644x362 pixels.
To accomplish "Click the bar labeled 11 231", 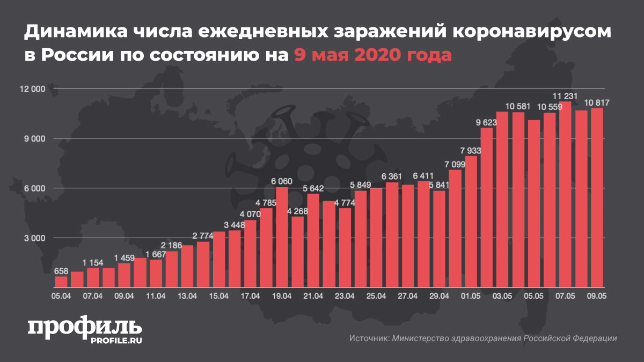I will pyautogui.click(x=565, y=194).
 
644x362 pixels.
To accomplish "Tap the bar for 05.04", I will pyautogui.click(x=62, y=281).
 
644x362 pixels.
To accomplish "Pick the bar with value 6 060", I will pyautogui.click(x=282, y=237).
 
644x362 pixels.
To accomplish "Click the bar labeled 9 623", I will pyautogui.click(x=486, y=206).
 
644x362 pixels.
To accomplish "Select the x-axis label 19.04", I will pyautogui.click(x=282, y=295).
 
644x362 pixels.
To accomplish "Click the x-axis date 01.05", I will pyautogui.click(x=471, y=295).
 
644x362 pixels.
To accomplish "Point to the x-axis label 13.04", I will pyautogui.click(x=187, y=295).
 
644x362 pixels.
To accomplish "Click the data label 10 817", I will pyautogui.click(x=597, y=102).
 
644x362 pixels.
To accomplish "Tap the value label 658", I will pyautogui.click(x=62, y=271).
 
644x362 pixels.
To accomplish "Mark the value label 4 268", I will pyautogui.click(x=297, y=211).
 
